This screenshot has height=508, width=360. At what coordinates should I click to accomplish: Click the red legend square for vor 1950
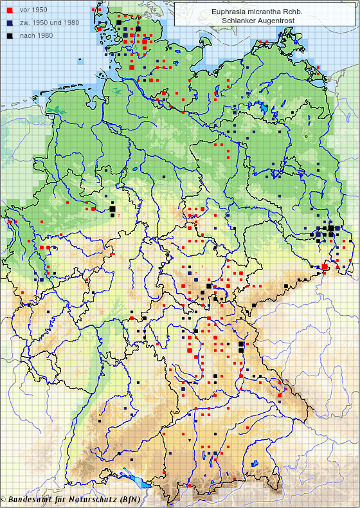pyautogui.click(x=8, y=10)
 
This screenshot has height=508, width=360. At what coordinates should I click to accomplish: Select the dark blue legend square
pyautogui.click(x=8, y=23)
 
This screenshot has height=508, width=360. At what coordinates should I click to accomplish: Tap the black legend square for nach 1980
pyautogui.click(x=8, y=35)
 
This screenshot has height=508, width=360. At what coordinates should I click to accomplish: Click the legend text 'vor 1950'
pyautogui.click(x=34, y=10)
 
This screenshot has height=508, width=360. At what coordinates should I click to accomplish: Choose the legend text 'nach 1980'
pyautogui.click(x=36, y=35)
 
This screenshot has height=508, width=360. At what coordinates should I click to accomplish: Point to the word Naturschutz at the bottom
pyautogui.click(x=96, y=500)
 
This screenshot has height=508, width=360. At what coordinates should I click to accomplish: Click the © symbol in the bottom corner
pyautogui.click(x=4, y=500)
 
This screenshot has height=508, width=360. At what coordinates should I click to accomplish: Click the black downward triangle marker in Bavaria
pyautogui.click(x=190, y=440)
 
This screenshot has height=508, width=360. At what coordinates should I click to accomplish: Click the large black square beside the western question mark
pyautogui.click(x=112, y=208)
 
